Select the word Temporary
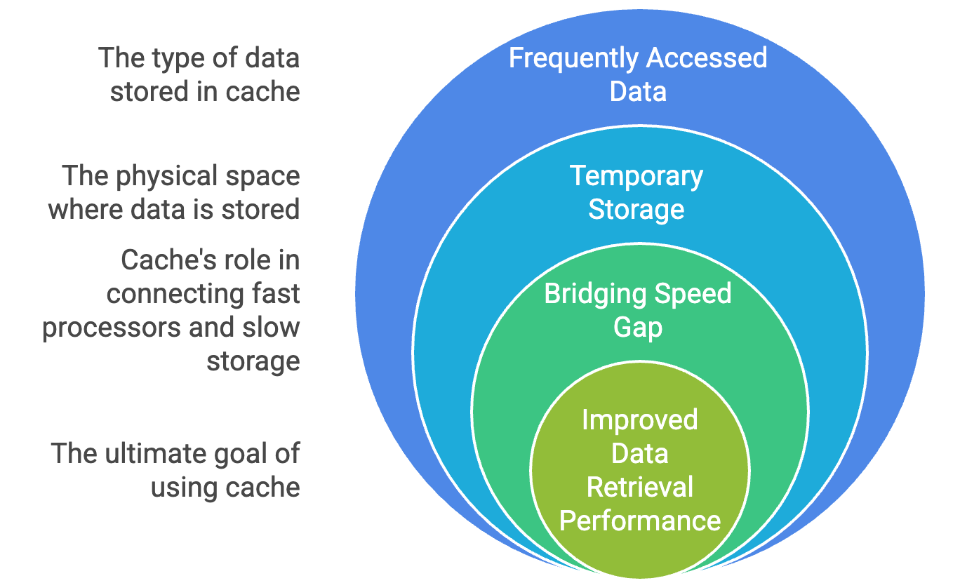[x=636, y=175]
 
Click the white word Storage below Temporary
[x=636, y=209]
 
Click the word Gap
[x=637, y=327]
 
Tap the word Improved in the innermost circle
[x=639, y=420]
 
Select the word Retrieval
[x=639, y=487]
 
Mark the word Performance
[x=639, y=521]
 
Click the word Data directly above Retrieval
[x=639, y=453]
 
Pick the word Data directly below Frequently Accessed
[x=637, y=92]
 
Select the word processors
[x=101, y=328]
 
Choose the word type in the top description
[x=169, y=58]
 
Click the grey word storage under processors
[x=253, y=361]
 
